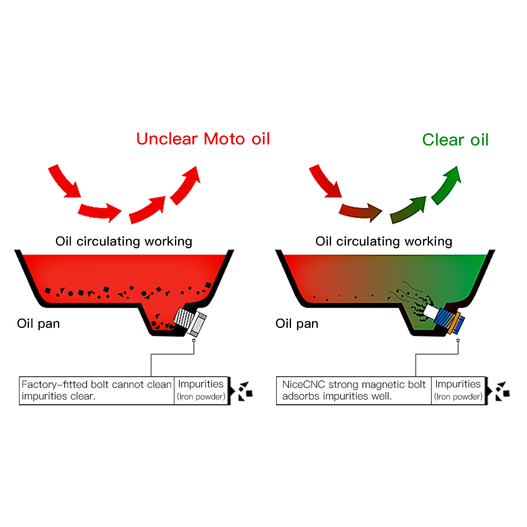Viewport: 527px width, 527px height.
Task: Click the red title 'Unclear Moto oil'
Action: tap(203, 139)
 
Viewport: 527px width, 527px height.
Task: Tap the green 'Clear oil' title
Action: tap(455, 140)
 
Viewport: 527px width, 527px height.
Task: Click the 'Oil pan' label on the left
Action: tap(38, 323)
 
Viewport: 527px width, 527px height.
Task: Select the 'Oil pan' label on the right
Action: tap(297, 323)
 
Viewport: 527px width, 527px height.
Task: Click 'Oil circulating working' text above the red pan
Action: tap(124, 241)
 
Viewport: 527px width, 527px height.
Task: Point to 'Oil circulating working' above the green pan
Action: tap(384, 241)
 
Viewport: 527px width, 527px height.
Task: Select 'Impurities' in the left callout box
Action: tap(201, 384)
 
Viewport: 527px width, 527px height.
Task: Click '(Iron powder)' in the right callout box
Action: tap(458, 397)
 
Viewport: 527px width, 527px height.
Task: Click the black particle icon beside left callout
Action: tap(244, 391)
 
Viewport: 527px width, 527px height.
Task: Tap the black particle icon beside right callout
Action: tap(501, 391)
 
